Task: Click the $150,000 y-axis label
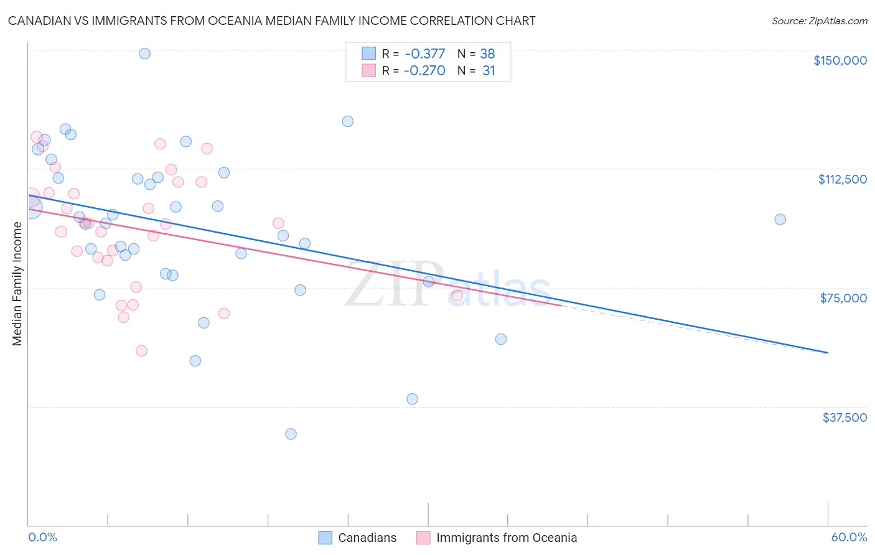point(840,60)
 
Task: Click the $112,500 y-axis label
point(842,179)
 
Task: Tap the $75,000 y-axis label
point(843,298)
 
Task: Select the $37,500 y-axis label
point(844,417)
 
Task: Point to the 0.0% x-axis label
point(42,537)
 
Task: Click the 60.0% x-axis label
point(848,537)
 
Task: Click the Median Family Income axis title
point(17,283)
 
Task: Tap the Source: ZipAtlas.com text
point(819,21)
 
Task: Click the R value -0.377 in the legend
point(424,54)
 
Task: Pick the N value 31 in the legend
point(489,71)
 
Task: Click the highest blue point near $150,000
point(144,54)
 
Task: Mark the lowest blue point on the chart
point(291,434)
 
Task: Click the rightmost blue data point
point(780,219)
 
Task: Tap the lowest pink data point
point(141,351)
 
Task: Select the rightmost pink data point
point(457,296)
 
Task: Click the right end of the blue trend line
point(828,353)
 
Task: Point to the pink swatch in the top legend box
point(369,70)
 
